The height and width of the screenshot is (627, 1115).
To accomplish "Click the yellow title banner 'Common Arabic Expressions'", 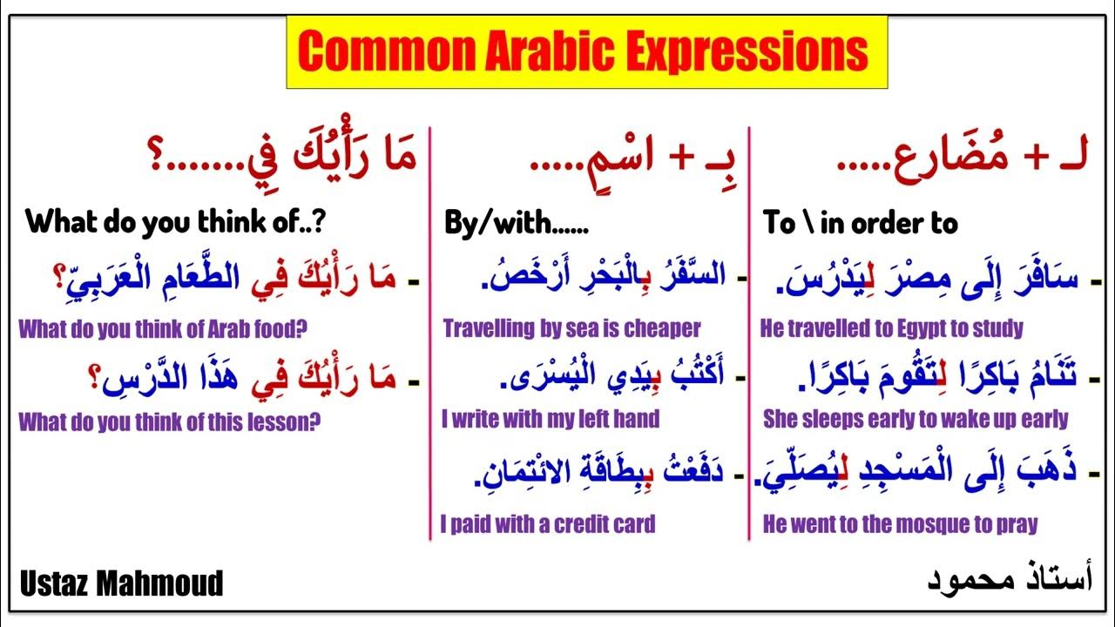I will point(586,52).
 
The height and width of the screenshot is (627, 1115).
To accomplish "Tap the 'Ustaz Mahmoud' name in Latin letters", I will point(121,583).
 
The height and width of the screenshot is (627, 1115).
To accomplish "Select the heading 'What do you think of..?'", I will point(175,223).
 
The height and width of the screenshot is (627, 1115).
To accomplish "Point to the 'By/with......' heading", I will point(516,224).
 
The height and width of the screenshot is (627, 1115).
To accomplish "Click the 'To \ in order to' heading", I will point(860,224).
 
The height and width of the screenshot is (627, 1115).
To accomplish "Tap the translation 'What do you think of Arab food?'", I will point(164,329).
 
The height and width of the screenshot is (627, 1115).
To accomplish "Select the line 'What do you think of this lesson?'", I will point(170,422).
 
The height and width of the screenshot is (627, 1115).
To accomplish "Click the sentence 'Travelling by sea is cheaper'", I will point(571,328).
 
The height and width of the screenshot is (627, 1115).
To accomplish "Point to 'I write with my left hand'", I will point(551,419).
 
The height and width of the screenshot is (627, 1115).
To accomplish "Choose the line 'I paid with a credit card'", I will point(547,523).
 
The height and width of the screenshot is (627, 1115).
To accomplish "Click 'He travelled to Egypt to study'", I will point(891,328).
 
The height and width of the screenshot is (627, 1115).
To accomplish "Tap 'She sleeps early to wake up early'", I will point(915,419).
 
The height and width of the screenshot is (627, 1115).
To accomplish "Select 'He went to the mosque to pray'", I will point(900,523).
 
